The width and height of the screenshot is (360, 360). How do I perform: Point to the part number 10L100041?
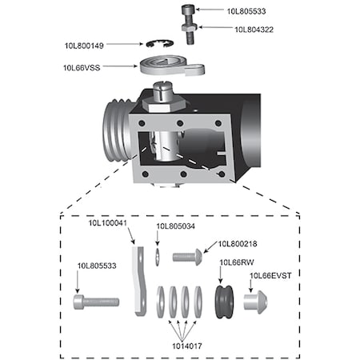click(109, 224)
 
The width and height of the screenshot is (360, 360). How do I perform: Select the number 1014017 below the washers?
click(186, 347)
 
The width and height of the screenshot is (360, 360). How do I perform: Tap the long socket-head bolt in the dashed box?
click(95, 302)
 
